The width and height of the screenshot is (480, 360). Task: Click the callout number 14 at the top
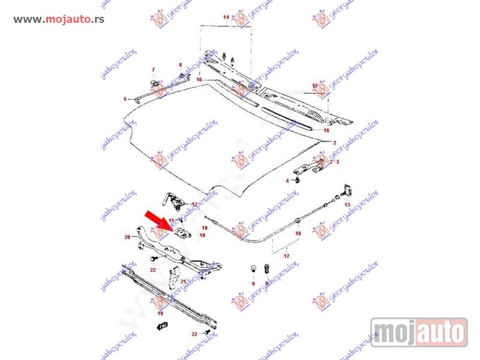click(226, 17)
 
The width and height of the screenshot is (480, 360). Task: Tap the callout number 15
click(314, 86)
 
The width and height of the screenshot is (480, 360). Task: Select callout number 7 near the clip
click(153, 70)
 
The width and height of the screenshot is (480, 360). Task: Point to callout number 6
click(179, 65)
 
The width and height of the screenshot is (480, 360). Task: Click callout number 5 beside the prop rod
click(125, 99)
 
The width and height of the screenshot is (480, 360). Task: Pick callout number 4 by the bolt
click(287, 181)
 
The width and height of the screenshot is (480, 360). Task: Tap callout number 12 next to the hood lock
click(194, 205)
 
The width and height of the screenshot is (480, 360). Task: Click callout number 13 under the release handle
click(347, 205)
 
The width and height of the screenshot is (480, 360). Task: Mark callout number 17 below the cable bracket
click(286, 256)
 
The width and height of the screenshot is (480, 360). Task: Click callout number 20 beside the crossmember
click(127, 237)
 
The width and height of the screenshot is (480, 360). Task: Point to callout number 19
click(160, 313)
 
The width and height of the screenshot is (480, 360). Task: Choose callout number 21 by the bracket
click(183, 281)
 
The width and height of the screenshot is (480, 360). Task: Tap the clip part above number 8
click(268, 266)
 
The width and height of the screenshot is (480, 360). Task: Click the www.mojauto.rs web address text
click(59, 19)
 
